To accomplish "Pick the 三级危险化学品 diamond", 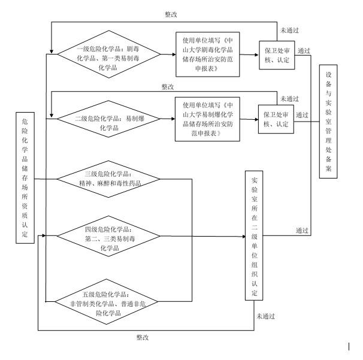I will pyautogui.click(x=108, y=179).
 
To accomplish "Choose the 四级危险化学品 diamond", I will pyautogui.click(x=108, y=234).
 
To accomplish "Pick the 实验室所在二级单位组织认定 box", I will pyautogui.click(x=254, y=235).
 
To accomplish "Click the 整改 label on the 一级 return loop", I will pyautogui.click(x=171, y=13).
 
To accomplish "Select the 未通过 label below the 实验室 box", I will pyautogui.click(x=265, y=316).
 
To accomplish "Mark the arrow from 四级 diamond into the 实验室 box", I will pyautogui.click(x=204, y=235).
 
